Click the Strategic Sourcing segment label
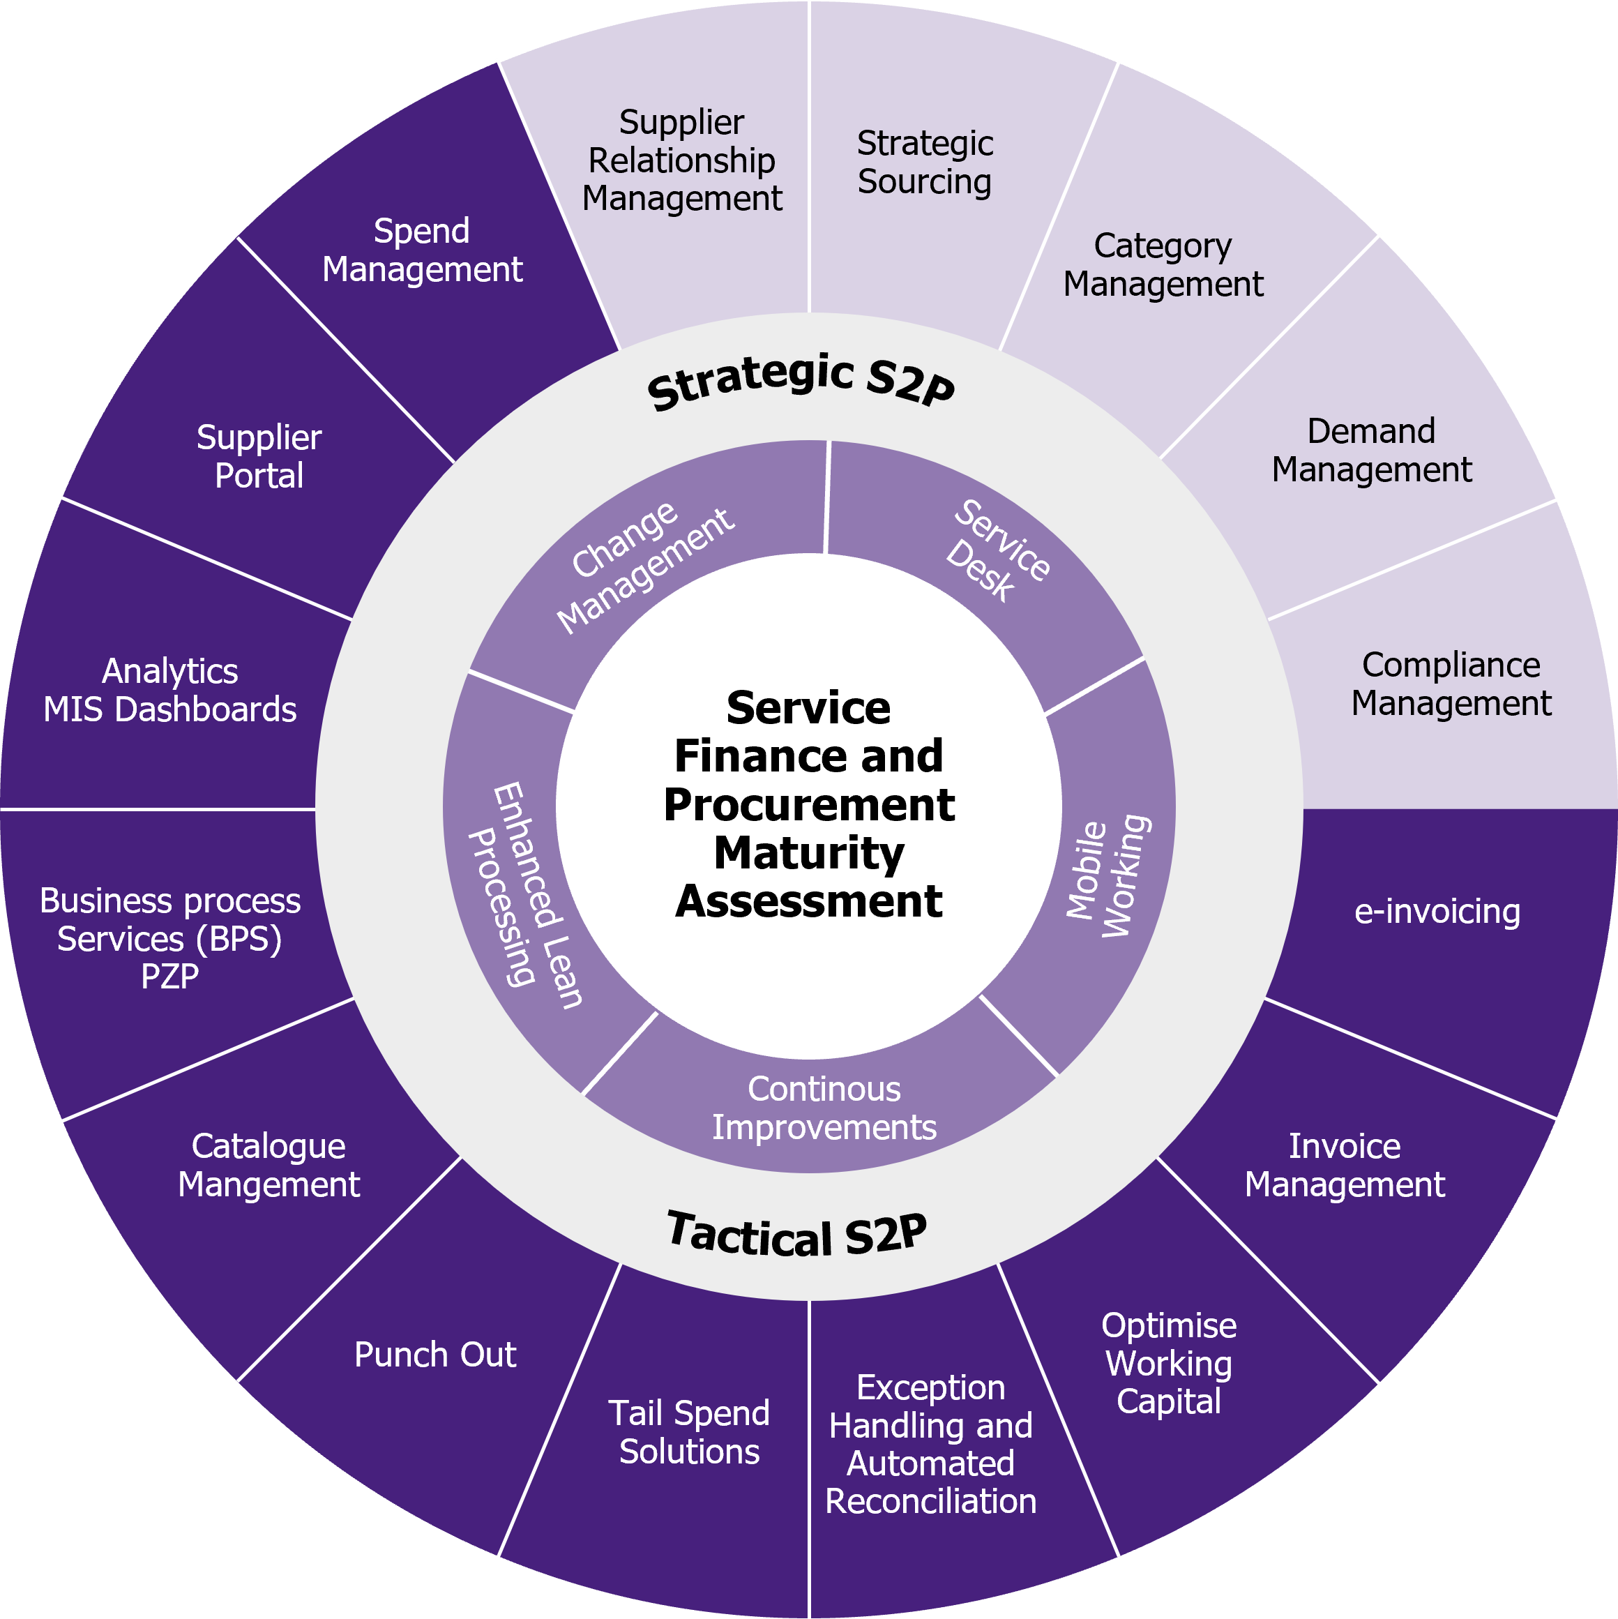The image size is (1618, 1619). pyautogui.click(x=924, y=163)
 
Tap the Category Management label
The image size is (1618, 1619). pyautogui.click(x=1163, y=265)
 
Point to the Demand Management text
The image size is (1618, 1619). pyautogui.click(x=1371, y=450)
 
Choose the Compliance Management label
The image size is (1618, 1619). pyautogui.click(x=1451, y=684)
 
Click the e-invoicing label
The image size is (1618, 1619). pyautogui.click(x=1436, y=912)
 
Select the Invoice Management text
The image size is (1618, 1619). pyautogui.click(x=1344, y=1165)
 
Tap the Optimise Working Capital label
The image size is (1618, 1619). pyautogui.click(x=1168, y=1364)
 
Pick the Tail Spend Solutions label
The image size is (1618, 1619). pyautogui.click(x=689, y=1432)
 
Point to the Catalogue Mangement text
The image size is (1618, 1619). pyautogui.click(x=268, y=1165)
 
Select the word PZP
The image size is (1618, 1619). pyautogui.click(x=170, y=977)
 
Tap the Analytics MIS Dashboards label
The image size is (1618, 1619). pyautogui.click(x=170, y=691)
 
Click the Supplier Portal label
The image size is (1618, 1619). pyautogui.click(x=259, y=457)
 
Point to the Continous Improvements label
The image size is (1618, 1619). pyautogui.click(x=824, y=1108)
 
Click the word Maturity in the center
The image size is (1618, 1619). pyautogui.click(x=808, y=853)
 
